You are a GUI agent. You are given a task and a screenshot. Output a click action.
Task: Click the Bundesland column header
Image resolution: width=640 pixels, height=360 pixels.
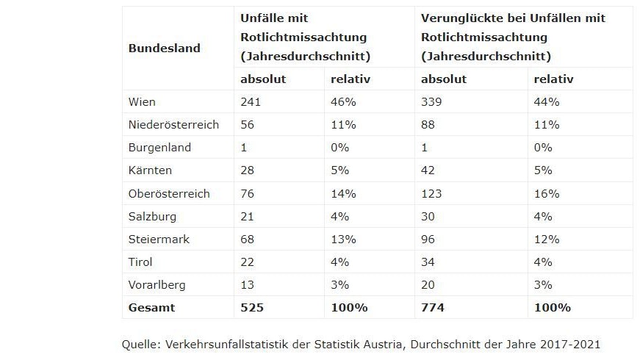point(164,48)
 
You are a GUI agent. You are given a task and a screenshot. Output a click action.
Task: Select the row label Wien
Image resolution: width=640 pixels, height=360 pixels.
point(142,101)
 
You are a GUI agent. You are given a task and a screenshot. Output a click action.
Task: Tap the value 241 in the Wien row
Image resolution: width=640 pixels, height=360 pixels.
point(251,101)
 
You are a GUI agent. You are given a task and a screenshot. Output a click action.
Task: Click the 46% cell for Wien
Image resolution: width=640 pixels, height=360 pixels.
point(342,101)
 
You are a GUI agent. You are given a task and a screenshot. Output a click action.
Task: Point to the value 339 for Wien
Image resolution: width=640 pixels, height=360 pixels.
point(432,101)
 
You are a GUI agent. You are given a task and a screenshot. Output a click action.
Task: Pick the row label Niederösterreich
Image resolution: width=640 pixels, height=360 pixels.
point(173,125)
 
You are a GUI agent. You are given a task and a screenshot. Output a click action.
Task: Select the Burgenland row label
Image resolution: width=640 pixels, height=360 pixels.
point(159,148)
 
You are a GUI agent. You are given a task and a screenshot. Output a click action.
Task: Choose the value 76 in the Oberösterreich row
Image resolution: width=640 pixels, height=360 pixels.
point(248,194)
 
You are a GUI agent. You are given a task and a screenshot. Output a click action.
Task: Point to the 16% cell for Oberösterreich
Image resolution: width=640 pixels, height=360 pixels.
point(547,194)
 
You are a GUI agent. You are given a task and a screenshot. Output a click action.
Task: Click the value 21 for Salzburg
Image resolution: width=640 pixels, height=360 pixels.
point(248,217)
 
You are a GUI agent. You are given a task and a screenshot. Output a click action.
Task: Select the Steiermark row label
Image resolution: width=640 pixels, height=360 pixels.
point(159,240)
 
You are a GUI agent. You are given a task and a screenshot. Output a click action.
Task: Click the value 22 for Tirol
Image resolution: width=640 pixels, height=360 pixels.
point(248,262)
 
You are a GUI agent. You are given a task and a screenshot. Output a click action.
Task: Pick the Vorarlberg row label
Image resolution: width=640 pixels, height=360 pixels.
point(157,285)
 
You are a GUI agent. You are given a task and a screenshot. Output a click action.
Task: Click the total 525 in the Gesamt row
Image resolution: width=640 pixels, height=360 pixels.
point(251,308)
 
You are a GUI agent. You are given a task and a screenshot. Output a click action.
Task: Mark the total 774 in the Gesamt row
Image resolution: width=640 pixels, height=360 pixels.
point(433,308)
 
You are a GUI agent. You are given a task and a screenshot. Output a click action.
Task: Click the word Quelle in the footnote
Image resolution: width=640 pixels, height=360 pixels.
point(140,344)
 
